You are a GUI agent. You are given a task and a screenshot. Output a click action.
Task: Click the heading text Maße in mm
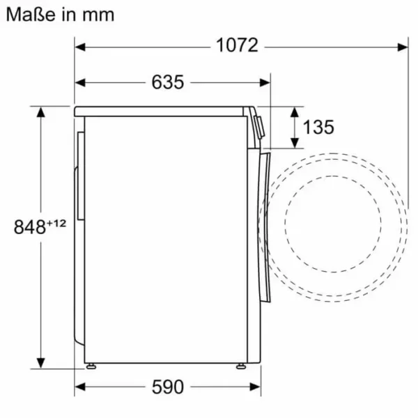tap(60, 15)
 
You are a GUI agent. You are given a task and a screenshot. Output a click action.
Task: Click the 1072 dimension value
tap(237, 45)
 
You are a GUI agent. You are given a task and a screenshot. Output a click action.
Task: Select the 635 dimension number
tap(168, 82)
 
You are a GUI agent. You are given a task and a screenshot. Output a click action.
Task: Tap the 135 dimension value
tap(318, 127)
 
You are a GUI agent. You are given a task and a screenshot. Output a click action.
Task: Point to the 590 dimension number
tap(168, 387)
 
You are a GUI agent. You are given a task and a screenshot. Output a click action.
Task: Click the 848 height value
tap(29, 227)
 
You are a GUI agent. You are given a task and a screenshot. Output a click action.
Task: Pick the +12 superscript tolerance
tap(56, 223)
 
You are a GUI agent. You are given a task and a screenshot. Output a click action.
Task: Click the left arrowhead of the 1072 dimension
tap(80, 47)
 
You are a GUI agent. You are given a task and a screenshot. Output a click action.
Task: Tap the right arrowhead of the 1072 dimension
tap(403, 47)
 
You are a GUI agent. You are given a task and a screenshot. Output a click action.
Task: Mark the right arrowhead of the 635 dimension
tap(265, 83)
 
